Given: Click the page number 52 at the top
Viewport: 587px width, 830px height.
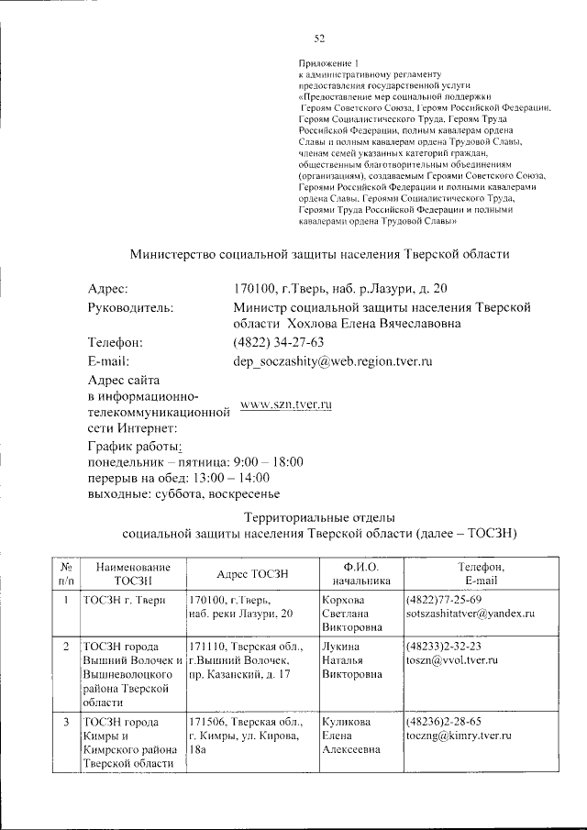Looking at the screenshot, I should pyautogui.click(x=319, y=38).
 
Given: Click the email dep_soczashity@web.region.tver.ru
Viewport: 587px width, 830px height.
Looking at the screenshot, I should pyautogui.click(x=333, y=361).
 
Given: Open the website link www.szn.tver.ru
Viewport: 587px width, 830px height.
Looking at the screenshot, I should pyautogui.click(x=284, y=404).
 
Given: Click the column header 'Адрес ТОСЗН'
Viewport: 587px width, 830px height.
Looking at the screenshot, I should pyautogui.click(x=252, y=573).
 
